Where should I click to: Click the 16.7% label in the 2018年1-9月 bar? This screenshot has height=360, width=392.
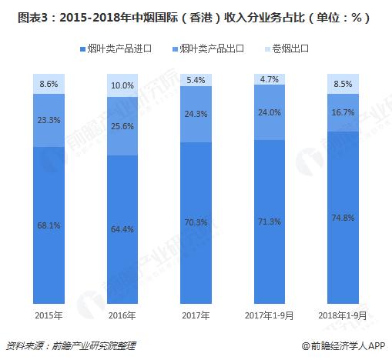(343, 112)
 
